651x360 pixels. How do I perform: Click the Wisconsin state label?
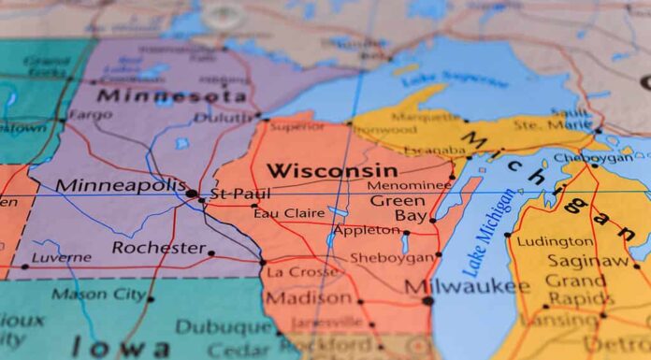pyautogui.click(x=331, y=170)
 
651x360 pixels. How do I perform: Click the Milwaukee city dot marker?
pyautogui.click(x=427, y=300)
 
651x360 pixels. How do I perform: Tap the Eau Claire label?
pyautogui.click(x=289, y=212)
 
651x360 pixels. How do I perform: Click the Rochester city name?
pyautogui.click(x=158, y=248)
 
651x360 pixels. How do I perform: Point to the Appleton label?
pyautogui.click(x=367, y=229)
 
